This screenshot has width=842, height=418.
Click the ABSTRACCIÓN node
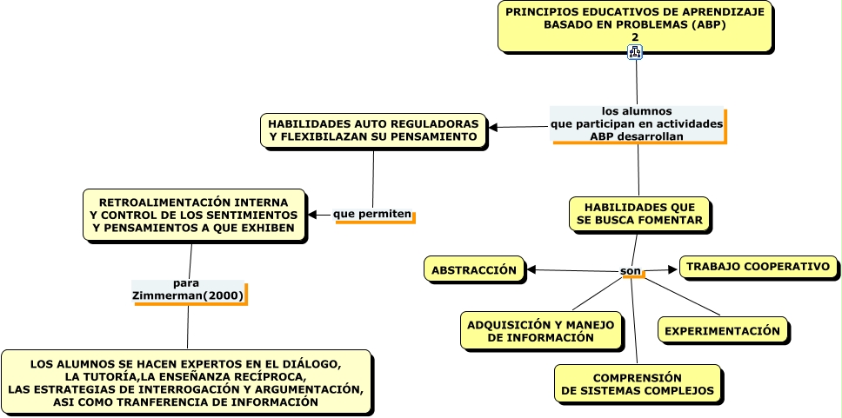click(474, 270)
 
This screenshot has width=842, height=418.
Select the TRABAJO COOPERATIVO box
click(758, 267)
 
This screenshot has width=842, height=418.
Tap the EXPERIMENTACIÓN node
click(722, 330)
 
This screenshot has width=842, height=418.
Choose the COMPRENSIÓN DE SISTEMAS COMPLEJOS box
click(637, 384)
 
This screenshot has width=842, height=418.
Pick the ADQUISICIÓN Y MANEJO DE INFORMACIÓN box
click(541, 331)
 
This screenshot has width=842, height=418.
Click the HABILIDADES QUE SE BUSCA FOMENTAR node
click(639, 214)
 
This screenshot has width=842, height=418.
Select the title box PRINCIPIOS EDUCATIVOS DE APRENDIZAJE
click(635, 19)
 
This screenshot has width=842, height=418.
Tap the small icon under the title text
click(636, 52)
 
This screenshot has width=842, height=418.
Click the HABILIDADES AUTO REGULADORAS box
click(373, 130)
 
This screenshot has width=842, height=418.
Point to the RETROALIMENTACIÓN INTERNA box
click(194, 215)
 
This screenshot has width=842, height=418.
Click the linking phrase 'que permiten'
click(373, 214)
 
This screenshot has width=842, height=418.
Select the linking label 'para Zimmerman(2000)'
click(189, 290)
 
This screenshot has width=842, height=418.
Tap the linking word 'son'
click(631, 272)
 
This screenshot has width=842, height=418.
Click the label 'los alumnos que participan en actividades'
click(638, 124)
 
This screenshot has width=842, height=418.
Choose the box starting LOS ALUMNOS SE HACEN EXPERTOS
click(186, 383)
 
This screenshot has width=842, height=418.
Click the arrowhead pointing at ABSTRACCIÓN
click(532, 270)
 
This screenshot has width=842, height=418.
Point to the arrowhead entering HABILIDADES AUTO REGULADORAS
click(494, 128)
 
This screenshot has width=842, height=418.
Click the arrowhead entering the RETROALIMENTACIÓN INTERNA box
click(313, 214)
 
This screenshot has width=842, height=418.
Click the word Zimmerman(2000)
click(189, 296)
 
